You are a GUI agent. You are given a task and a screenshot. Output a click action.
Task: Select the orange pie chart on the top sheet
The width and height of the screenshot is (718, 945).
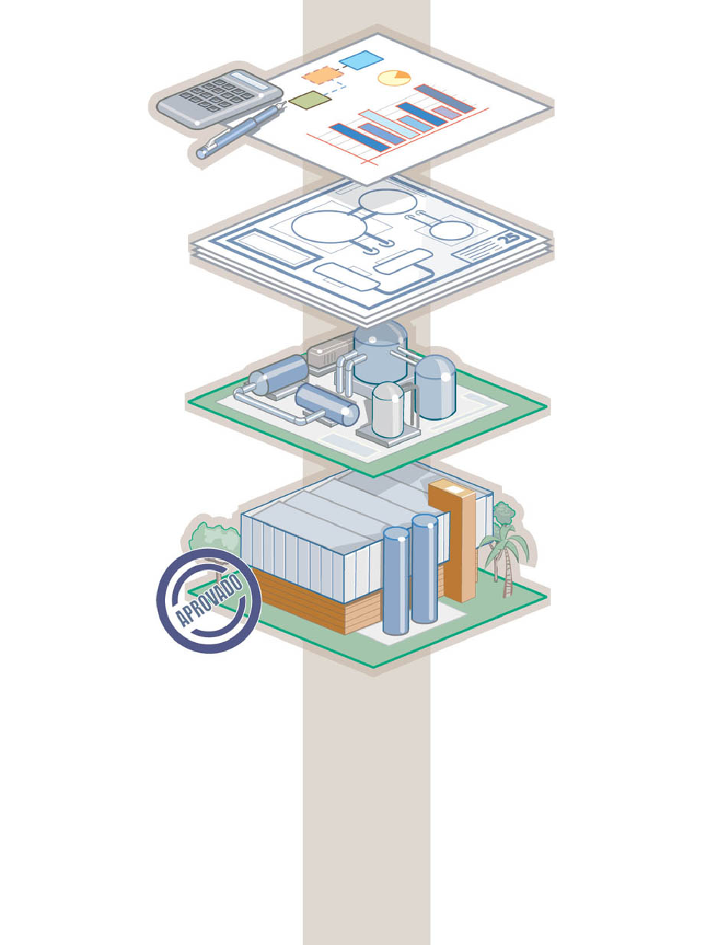click(x=394, y=77)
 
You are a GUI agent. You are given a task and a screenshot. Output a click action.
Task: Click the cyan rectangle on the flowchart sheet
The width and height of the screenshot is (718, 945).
click(x=361, y=61)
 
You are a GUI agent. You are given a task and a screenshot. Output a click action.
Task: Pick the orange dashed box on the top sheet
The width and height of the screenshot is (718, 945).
click(x=320, y=75)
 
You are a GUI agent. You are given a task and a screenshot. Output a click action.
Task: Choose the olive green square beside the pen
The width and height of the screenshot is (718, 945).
click(x=309, y=100)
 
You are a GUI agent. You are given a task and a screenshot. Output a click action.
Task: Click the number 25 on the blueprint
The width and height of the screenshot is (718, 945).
click(x=510, y=239)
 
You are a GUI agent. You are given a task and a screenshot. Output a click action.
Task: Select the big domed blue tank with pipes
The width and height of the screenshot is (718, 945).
click(x=381, y=352)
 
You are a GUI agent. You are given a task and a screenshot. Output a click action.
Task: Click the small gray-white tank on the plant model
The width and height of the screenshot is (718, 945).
click(x=388, y=409)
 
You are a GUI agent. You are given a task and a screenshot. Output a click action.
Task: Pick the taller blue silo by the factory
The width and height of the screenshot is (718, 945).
click(x=425, y=570)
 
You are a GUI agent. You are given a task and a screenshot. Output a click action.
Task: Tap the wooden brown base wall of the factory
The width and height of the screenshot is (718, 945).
click(x=302, y=603)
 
